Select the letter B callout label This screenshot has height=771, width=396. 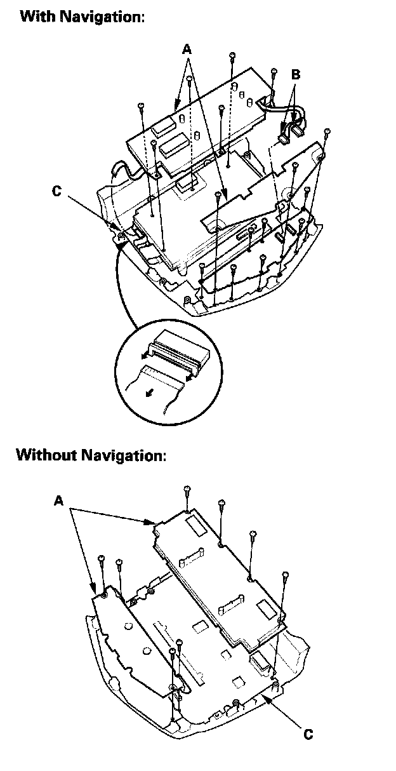pos(295,74)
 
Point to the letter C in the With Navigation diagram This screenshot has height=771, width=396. pos(57,190)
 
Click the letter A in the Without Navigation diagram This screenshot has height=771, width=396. pos(58,501)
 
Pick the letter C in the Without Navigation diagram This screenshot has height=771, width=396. pos(307,734)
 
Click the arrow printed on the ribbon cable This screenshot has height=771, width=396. pos(148,392)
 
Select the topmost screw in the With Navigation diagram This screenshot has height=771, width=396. pos(233,57)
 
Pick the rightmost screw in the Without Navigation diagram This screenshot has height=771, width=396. pos(285,575)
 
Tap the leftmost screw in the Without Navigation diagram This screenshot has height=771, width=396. pos(101,559)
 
